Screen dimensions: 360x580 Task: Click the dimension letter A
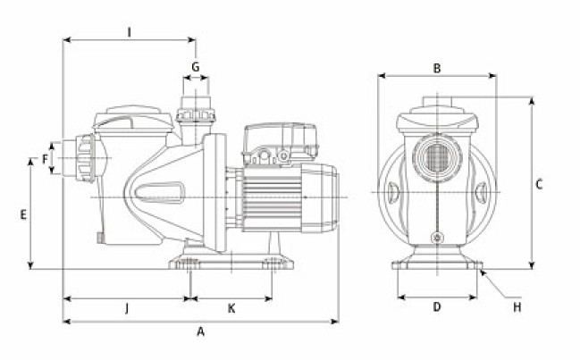coord(201,331)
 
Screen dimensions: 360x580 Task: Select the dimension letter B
coord(437,68)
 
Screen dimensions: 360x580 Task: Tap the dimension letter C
coord(539,185)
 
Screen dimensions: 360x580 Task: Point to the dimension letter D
coord(437,307)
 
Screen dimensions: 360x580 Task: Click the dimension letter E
coord(24,214)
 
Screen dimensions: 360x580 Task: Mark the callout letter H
coord(517,307)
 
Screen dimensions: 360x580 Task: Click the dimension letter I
coord(130,32)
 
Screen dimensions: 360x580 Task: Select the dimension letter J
coord(127,308)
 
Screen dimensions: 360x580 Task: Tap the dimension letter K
coord(231,308)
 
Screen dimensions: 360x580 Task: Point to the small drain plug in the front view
coord(437,238)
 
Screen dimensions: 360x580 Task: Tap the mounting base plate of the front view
coord(437,265)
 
